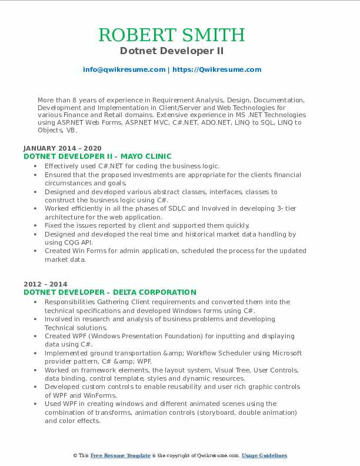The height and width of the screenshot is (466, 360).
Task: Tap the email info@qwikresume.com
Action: click(x=124, y=69)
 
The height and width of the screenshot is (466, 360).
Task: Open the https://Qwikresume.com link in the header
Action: click(x=216, y=69)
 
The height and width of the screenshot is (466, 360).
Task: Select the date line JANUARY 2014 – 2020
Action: click(x=62, y=148)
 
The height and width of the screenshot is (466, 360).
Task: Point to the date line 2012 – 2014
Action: click(x=45, y=284)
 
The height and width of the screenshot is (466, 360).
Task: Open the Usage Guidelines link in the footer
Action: click(x=265, y=456)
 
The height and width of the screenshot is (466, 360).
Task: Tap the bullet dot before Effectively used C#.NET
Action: click(x=38, y=167)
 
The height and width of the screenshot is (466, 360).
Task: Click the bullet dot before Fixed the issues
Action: click(x=38, y=225)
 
